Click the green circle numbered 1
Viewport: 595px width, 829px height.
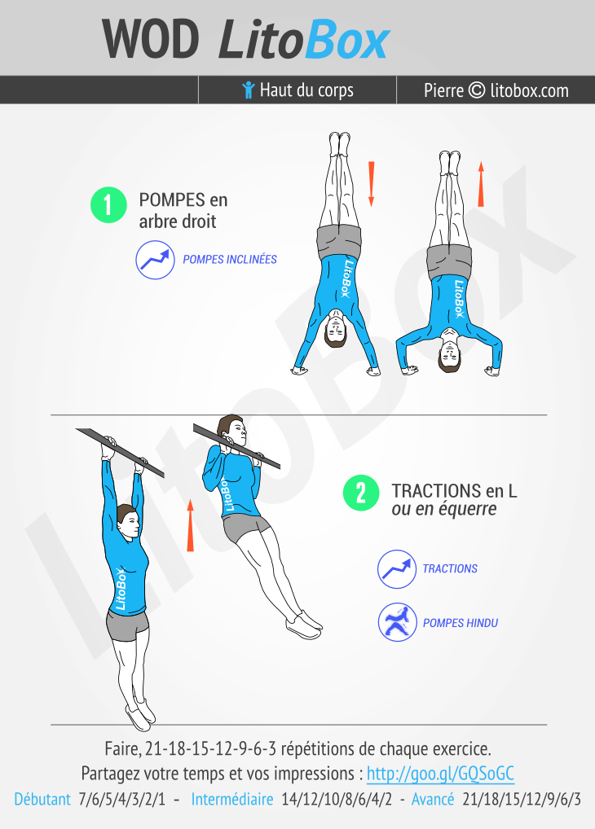(x=108, y=204)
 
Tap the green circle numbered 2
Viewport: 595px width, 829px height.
(x=361, y=493)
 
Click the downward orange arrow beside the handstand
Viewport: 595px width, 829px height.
(x=371, y=183)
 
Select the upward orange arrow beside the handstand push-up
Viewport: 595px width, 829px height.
(x=481, y=184)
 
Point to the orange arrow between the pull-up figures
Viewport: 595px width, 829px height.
(x=190, y=525)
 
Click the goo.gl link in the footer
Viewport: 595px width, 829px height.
(x=440, y=773)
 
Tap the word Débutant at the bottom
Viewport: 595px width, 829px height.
(x=42, y=798)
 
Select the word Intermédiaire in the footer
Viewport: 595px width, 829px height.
(x=231, y=798)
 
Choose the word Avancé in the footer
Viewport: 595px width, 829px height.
(x=433, y=798)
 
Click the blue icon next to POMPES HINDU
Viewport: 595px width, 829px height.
(x=397, y=622)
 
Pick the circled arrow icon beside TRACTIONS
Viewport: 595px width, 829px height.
(x=397, y=569)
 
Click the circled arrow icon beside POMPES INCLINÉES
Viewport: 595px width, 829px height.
(x=155, y=260)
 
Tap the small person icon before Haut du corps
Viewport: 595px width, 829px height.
(x=249, y=90)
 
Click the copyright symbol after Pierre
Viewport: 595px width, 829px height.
(x=477, y=90)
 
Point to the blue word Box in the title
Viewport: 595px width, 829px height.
(x=348, y=39)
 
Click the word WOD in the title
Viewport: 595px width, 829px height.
(x=151, y=39)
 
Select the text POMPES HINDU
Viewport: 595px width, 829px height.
(x=460, y=623)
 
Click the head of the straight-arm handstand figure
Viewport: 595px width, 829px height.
(x=336, y=331)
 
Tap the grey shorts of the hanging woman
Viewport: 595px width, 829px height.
(x=127, y=625)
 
